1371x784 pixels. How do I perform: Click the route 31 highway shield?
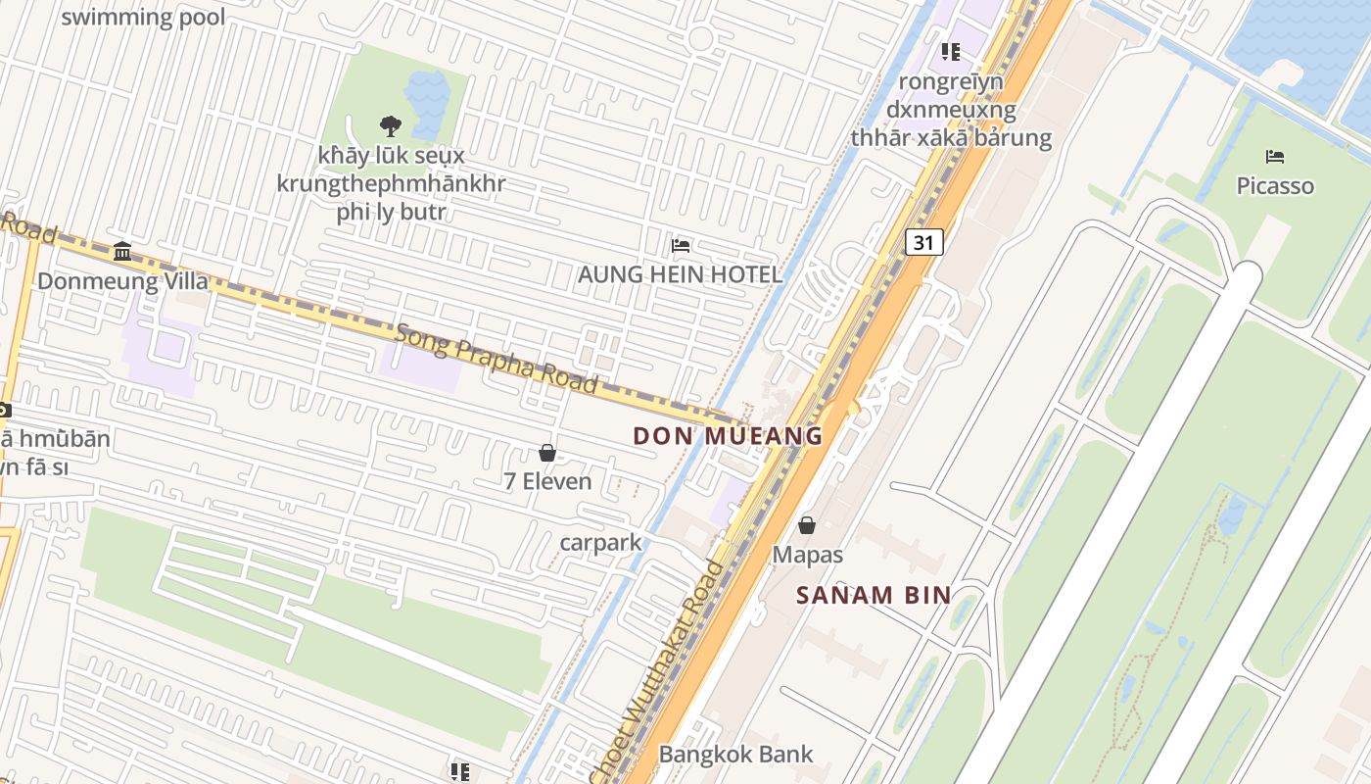pos(923,242)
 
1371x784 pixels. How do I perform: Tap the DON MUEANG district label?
pos(728,436)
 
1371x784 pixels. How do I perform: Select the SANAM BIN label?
pos(874,595)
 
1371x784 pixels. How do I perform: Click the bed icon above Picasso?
pos(1274,157)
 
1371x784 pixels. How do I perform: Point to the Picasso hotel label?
pos(1274,186)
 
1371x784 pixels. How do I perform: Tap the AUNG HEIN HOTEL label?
pos(680,274)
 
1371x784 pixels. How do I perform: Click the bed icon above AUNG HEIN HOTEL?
pos(680,245)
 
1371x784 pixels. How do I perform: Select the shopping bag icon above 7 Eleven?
pos(547,453)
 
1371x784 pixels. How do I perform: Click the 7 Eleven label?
pos(547,481)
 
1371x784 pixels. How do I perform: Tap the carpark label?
pos(600,542)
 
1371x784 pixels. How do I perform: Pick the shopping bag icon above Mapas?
pos(807,526)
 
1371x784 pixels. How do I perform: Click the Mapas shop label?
pos(807,555)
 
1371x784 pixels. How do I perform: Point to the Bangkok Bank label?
pos(735,754)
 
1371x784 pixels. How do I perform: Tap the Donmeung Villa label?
pos(122,281)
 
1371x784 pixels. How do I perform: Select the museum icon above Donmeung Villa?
pos(122,252)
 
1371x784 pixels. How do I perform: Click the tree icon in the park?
pos(390,125)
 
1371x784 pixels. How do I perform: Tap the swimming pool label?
pos(143,17)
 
